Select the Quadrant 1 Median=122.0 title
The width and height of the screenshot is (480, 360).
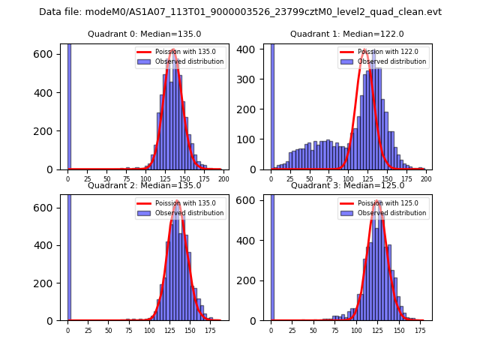(347, 34)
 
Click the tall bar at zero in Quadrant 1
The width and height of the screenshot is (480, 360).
(271, 105)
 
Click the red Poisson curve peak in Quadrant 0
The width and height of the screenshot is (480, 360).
(173, 50)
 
